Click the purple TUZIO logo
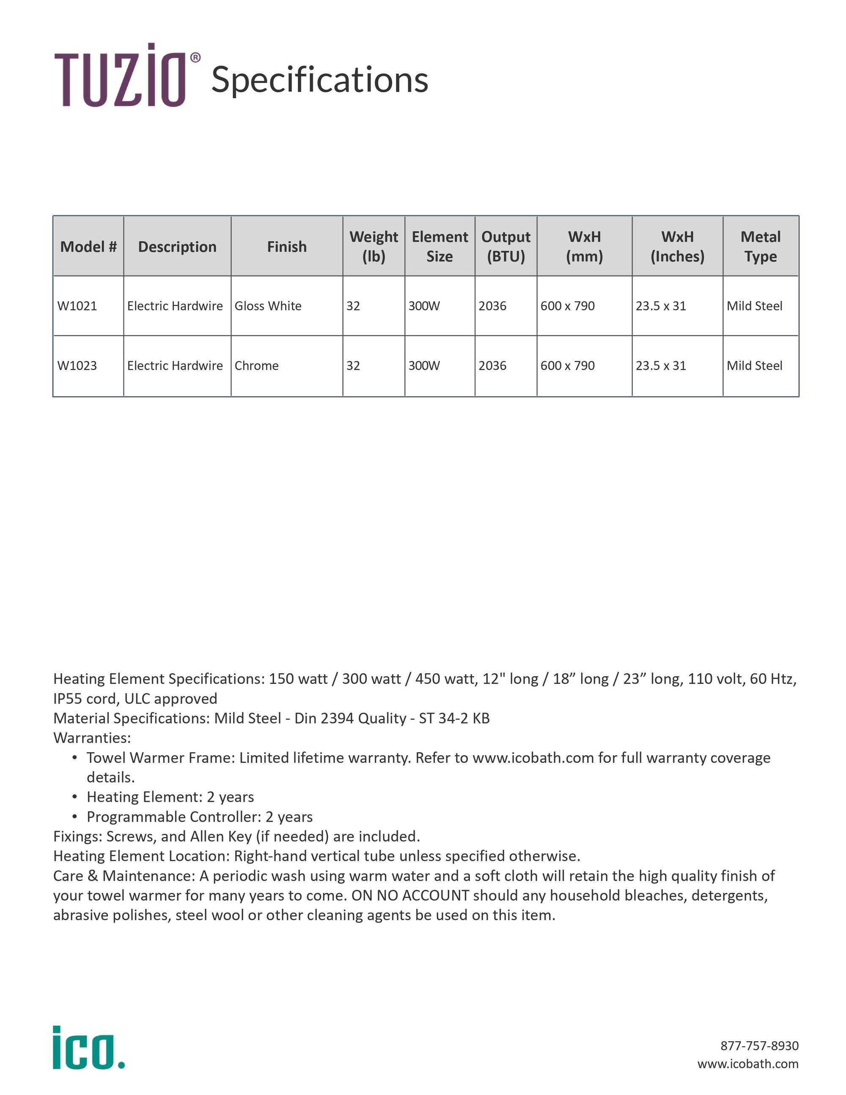(x=120, y=76)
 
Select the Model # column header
(x=88, y=247)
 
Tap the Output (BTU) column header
(x=505, y=247)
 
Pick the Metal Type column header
(x=760, y=247)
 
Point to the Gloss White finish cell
(x=268, y=306)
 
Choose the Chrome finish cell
(x=257, y=366)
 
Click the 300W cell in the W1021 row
(x=424, y=306)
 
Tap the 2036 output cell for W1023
(x=492, y=366)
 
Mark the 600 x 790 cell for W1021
(x=567, y=306)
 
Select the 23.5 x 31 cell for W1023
(x=661, y=366)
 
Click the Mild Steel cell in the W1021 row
(x=754, y=306)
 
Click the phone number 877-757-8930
(x=759, y=1045)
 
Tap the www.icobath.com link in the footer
(x=748, y=1063)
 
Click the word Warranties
(x=92, y=737)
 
